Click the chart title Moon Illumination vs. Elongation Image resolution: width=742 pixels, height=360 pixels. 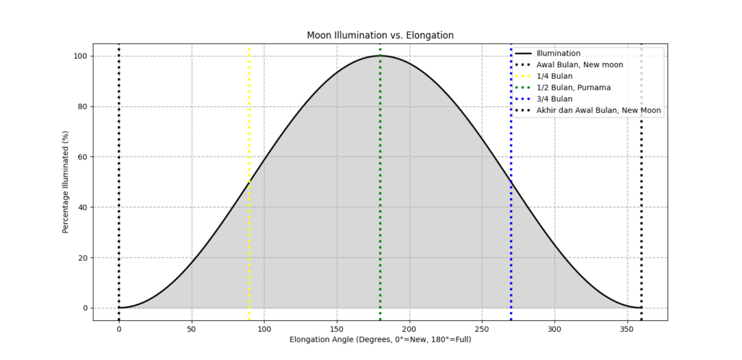pos(380,35)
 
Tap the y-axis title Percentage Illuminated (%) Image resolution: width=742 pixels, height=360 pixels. pos(65,182)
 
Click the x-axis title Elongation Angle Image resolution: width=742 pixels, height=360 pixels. pos(380,339)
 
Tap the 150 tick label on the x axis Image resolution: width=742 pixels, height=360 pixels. pos(337,328)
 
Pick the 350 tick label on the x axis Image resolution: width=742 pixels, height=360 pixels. pos(628,328)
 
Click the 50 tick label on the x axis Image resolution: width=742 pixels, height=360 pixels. pos(191,328)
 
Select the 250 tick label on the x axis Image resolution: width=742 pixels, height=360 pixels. pos(482,328)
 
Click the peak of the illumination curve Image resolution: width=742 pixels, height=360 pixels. pos(380,56)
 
